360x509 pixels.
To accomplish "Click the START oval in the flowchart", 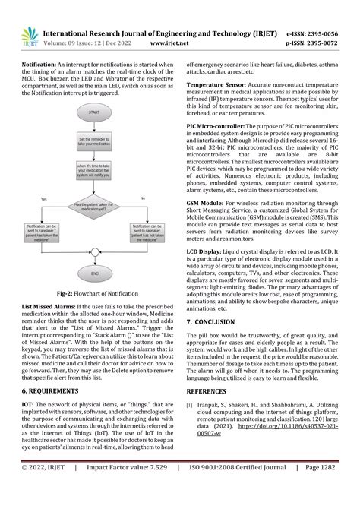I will coord(94,112).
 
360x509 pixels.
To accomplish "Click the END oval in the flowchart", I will coord(95,273).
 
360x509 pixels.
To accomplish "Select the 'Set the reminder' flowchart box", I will coord(94,142).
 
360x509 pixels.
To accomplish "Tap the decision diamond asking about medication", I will coord(94,205).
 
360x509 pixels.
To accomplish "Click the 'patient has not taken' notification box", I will coord(149,231).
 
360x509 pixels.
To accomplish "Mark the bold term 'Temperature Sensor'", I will coord(216,83).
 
